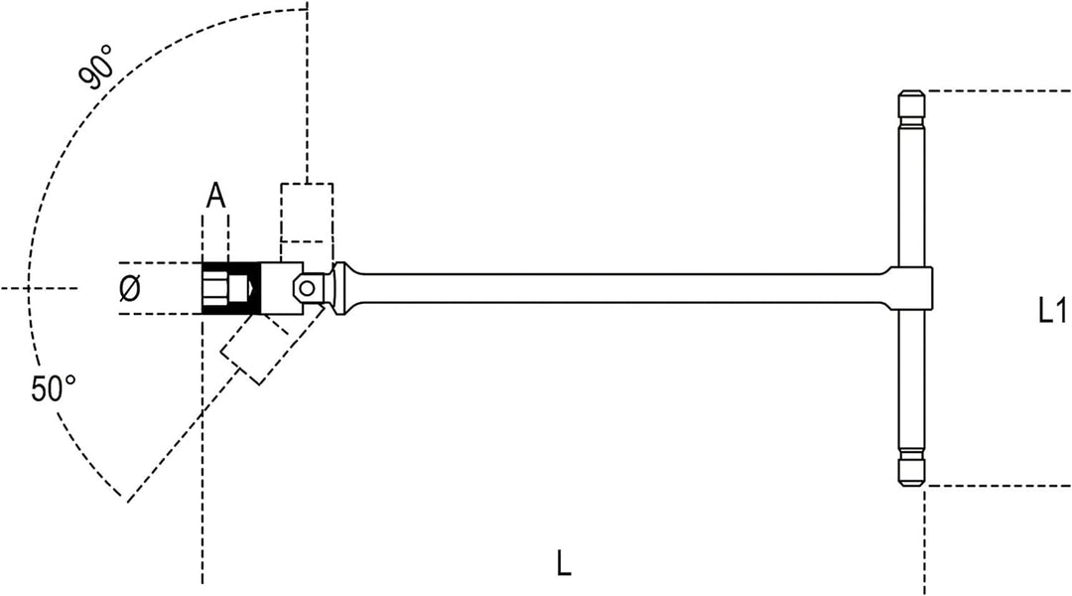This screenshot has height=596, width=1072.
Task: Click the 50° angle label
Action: coord(53,388)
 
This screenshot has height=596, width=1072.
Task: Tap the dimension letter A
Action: coord(215,197)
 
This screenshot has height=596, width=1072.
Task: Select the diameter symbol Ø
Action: coord(129,289)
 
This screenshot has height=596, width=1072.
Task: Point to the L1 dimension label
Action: coord(1051,311)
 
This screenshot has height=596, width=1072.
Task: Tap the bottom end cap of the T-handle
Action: coord(910,469)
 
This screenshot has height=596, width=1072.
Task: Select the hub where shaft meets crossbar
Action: coord(913,288)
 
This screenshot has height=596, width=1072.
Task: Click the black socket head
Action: coord(231,288)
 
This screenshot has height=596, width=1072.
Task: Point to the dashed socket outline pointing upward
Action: coord(307,213)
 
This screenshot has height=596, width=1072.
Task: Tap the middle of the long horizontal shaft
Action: coord(622,288)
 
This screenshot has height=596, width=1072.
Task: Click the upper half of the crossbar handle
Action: coord(910,178)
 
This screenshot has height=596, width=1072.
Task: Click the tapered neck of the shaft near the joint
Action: coord(345,288)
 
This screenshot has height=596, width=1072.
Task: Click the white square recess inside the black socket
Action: coord(237,288)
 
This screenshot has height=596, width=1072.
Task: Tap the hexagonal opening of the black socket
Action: coord(215,288)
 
